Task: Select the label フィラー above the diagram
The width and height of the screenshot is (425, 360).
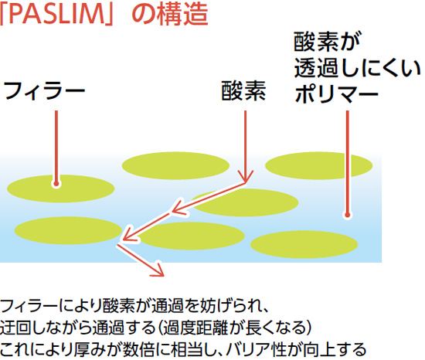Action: [44, 91]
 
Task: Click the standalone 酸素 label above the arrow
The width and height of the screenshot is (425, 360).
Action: [243, 91]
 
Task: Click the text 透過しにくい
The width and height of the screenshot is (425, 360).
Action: [357, 68]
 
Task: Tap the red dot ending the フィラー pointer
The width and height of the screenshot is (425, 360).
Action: [56, 184]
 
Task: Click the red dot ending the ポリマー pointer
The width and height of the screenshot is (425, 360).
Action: [347, 215]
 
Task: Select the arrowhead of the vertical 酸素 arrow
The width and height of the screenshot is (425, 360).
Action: [246, 178]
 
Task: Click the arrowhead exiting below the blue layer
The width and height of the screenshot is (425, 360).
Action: [158, 270]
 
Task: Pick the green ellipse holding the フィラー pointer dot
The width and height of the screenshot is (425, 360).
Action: [61, 188]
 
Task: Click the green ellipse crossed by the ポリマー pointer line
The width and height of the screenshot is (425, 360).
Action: [318, 165]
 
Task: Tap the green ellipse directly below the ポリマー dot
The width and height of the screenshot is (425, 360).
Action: [304, 244]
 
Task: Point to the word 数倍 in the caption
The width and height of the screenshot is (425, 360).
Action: [139, 349]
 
